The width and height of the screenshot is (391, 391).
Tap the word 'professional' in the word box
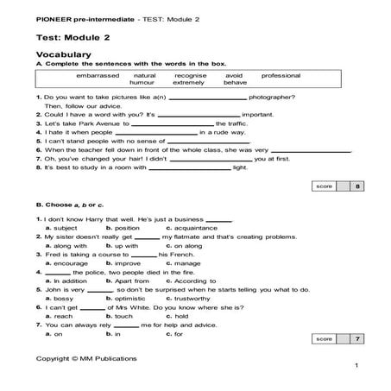pos(275,75)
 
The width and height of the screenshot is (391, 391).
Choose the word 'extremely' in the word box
pos(189,83)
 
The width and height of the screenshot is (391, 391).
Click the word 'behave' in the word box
pos(236,83)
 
